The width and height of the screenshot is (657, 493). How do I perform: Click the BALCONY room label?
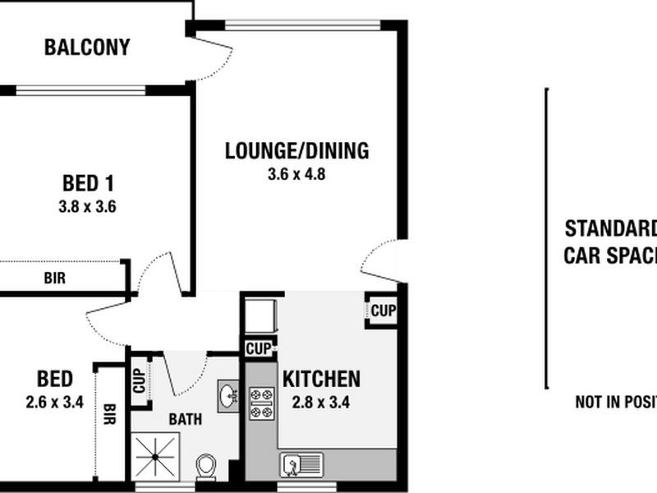point(87,48)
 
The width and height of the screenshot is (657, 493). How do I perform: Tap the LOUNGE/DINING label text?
point(297,151)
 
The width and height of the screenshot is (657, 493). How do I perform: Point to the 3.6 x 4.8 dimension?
point(297,174)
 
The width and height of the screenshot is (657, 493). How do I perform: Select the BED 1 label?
point(87,182)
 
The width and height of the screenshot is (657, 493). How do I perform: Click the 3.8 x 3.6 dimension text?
point(87,207)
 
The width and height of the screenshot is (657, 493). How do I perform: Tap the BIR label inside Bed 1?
point(55,279)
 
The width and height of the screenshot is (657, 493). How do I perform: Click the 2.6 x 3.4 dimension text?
point(55,403)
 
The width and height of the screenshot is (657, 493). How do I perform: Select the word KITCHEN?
point(321,379)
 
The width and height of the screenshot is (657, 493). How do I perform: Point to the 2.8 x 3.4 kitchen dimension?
point(321,403)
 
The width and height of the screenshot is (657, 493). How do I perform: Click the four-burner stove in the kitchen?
point(262,403)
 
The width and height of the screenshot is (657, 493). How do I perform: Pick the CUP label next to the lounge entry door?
point(383,311)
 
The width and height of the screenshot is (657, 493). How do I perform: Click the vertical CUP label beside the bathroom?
point(140,380)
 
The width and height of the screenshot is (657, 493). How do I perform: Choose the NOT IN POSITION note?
point(616,402)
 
